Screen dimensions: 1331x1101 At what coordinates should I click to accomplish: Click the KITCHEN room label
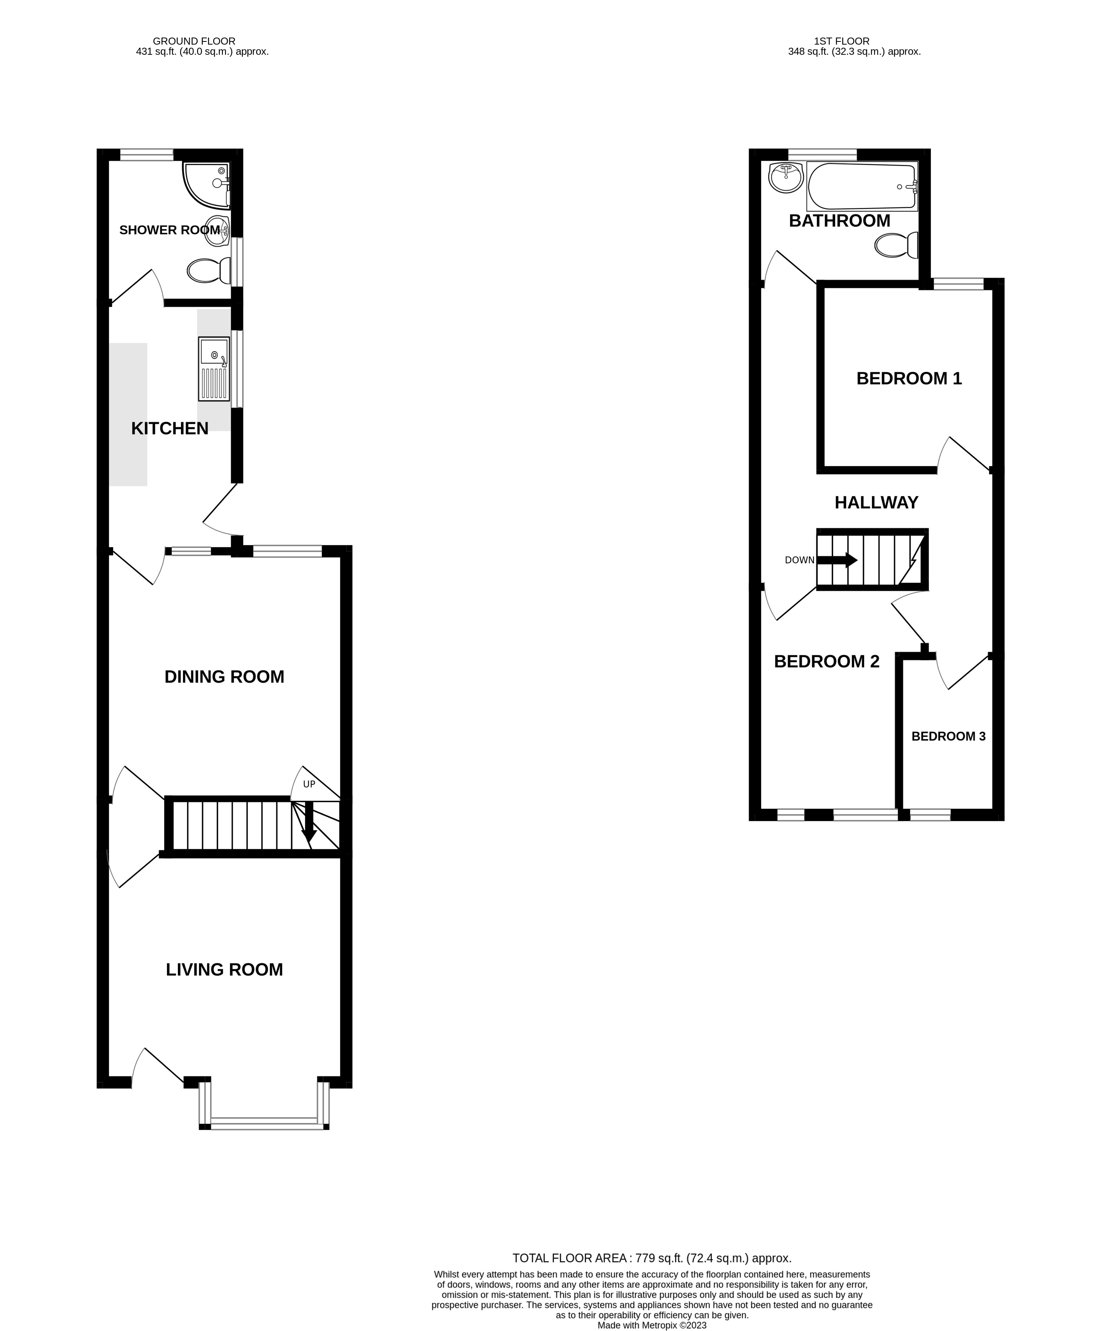(x=169, y=429)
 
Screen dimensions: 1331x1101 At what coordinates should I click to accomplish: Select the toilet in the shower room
(x=208, y=271)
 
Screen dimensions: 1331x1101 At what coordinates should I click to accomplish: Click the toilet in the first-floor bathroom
(x=896, y=245)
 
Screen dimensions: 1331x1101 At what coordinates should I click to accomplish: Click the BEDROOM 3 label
(x=948, y=737)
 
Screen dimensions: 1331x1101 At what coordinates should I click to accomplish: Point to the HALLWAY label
(x=876, y=502)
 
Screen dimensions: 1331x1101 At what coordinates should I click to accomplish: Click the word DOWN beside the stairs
(x=799, y=560)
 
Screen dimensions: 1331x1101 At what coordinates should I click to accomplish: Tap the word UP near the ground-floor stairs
(x=309, y=784)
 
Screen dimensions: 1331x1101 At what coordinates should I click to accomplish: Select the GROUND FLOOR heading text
(x=194, y=41)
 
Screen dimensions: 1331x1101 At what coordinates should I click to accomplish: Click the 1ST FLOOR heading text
(x=841, y=41)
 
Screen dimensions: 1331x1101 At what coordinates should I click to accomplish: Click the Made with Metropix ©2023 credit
(x=652, y=1325)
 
